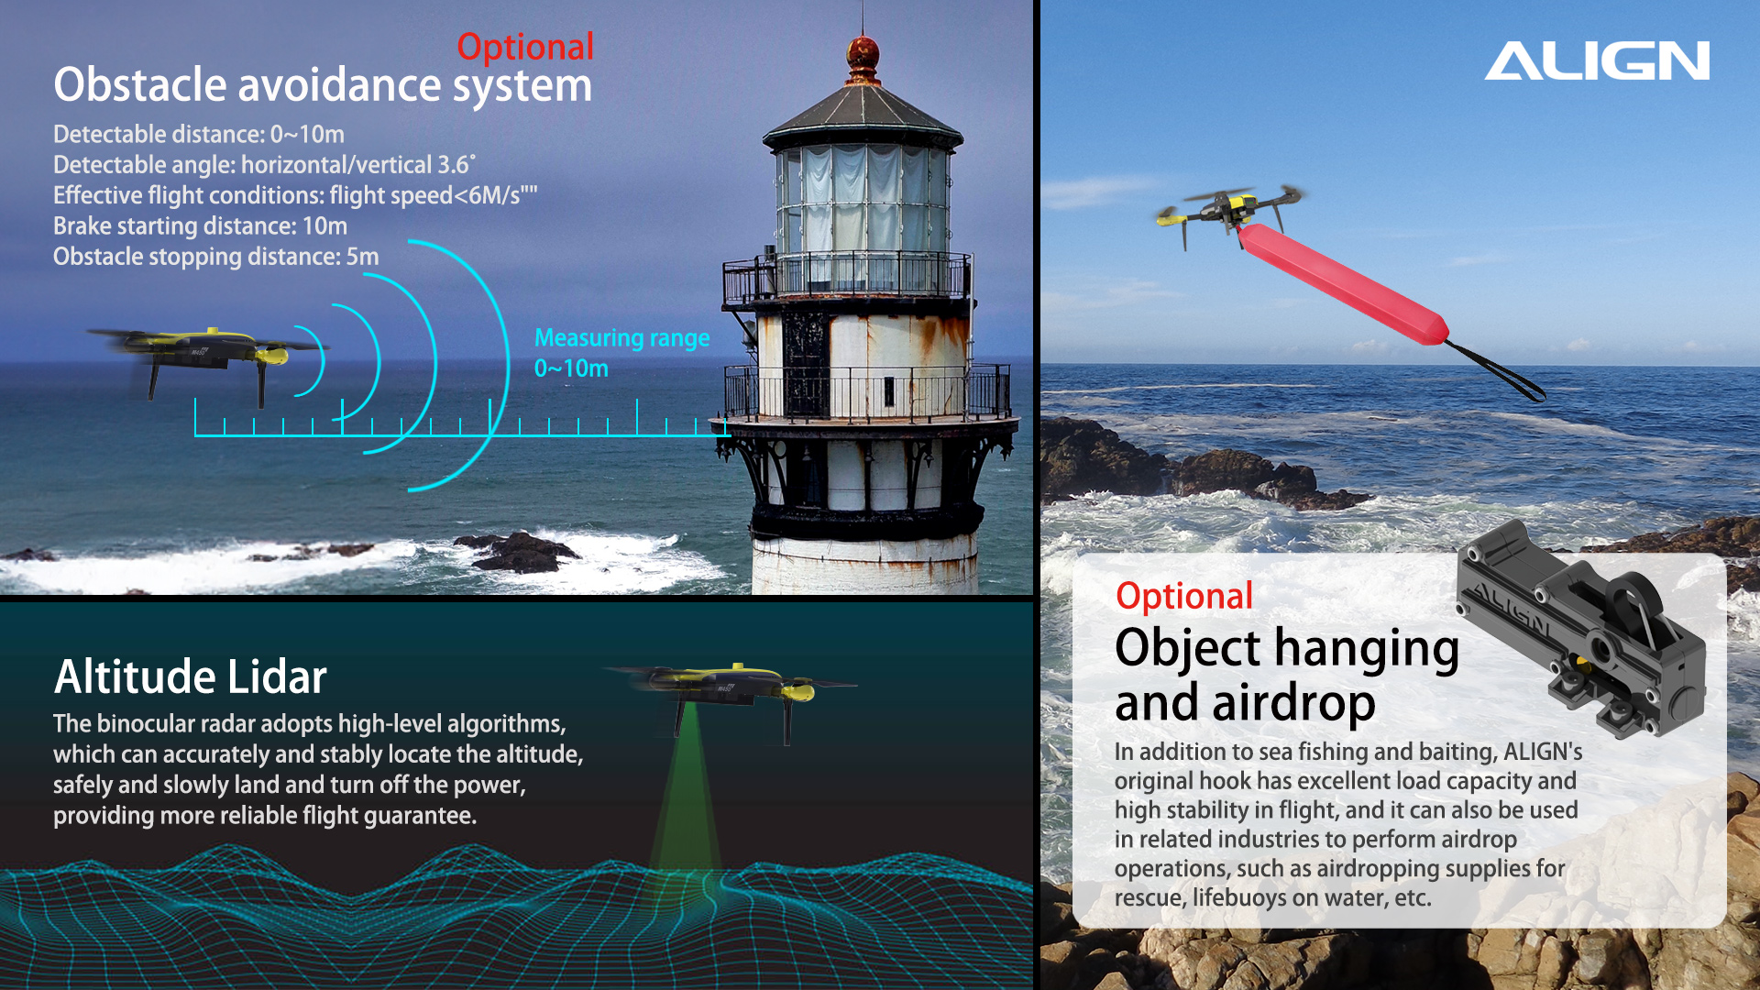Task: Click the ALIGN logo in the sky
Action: pyautogui.click(x=1597, y=60)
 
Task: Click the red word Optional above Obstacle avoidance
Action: pyautogui.click(x=525, y=48)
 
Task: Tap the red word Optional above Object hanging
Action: pyautogui.click(x=1184, y=597)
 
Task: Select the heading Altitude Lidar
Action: pyautogui.click(x=191, y=676)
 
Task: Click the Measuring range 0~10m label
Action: pyautogui.click(x=621, y=353)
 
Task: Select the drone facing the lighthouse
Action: pyautogui.click(x=207, y=358)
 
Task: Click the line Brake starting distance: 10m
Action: pyautogui.click(x=200, y=226)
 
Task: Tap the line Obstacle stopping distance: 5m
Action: pyautogui.click(x=215, y=257)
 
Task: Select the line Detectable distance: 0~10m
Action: pyautogui.click(x=199, y=135)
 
